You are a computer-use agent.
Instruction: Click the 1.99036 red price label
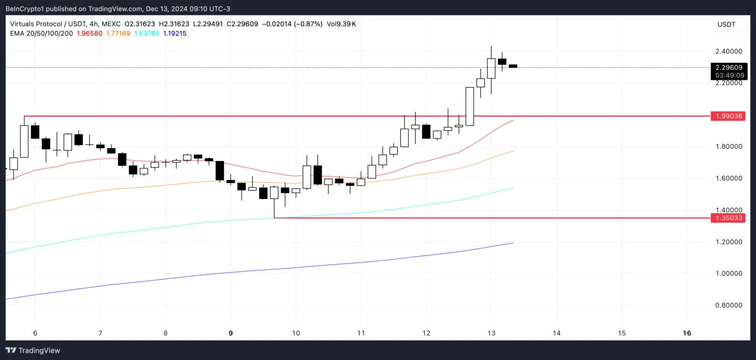tap(728, 116)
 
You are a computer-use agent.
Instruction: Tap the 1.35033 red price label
tap(728, 218)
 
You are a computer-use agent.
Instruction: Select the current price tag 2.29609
tap(728, 67)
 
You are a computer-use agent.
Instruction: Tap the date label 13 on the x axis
tap(491, 333)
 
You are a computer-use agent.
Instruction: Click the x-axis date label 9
tap(230, 333)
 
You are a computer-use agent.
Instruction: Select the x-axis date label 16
tap(687, 333)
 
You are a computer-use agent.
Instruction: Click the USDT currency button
tap(726, 24)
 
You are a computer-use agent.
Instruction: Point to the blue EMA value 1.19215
tap(175, 33)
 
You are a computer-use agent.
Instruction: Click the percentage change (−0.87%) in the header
tap(308, 24)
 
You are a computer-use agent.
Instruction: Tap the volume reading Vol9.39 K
tap(341, 24)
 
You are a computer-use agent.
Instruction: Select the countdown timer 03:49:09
tap(728, 75)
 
